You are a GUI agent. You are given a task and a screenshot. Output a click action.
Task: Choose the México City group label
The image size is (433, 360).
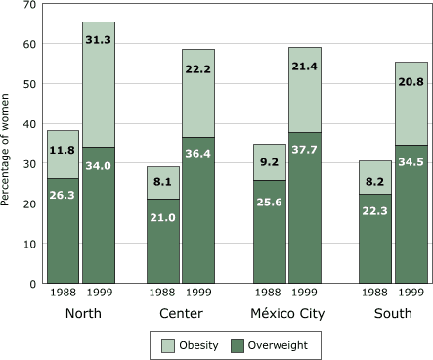coord(285,314)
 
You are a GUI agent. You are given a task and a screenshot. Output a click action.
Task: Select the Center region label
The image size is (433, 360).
coord(182,314)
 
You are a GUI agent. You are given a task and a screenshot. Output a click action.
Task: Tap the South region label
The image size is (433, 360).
coord(391,314)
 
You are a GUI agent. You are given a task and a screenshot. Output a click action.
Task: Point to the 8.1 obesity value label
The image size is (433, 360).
coord(163,181)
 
